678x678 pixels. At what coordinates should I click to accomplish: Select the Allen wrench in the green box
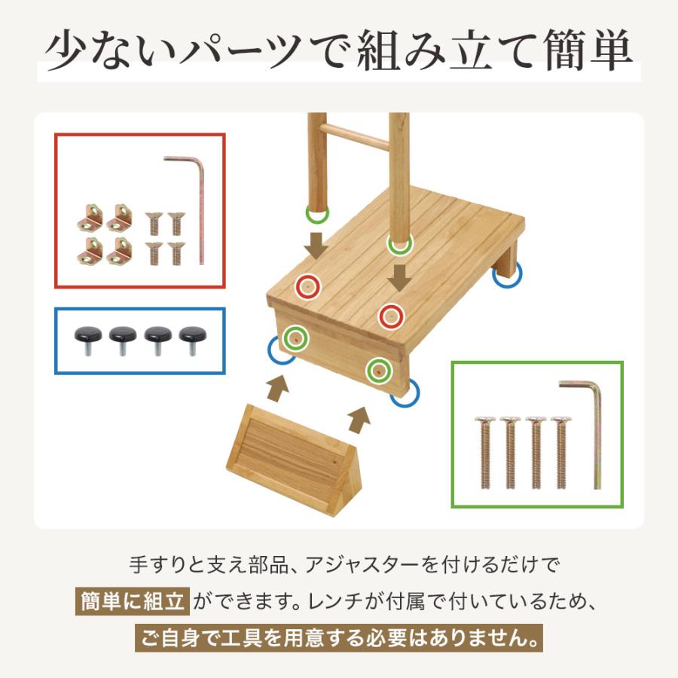coord(596,429)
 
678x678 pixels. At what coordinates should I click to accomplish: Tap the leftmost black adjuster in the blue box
coord(87,338)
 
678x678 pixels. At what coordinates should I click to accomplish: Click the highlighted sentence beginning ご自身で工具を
coord(339,640)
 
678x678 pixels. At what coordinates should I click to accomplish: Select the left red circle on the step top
coord(307,286)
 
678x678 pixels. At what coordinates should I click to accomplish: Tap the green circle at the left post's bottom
coord(317,214)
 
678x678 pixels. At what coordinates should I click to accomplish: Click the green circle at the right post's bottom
coord(399,243)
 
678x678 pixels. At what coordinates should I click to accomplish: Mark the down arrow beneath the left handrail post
coord(317,245)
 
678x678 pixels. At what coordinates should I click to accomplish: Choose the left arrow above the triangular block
coord(278,387)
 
